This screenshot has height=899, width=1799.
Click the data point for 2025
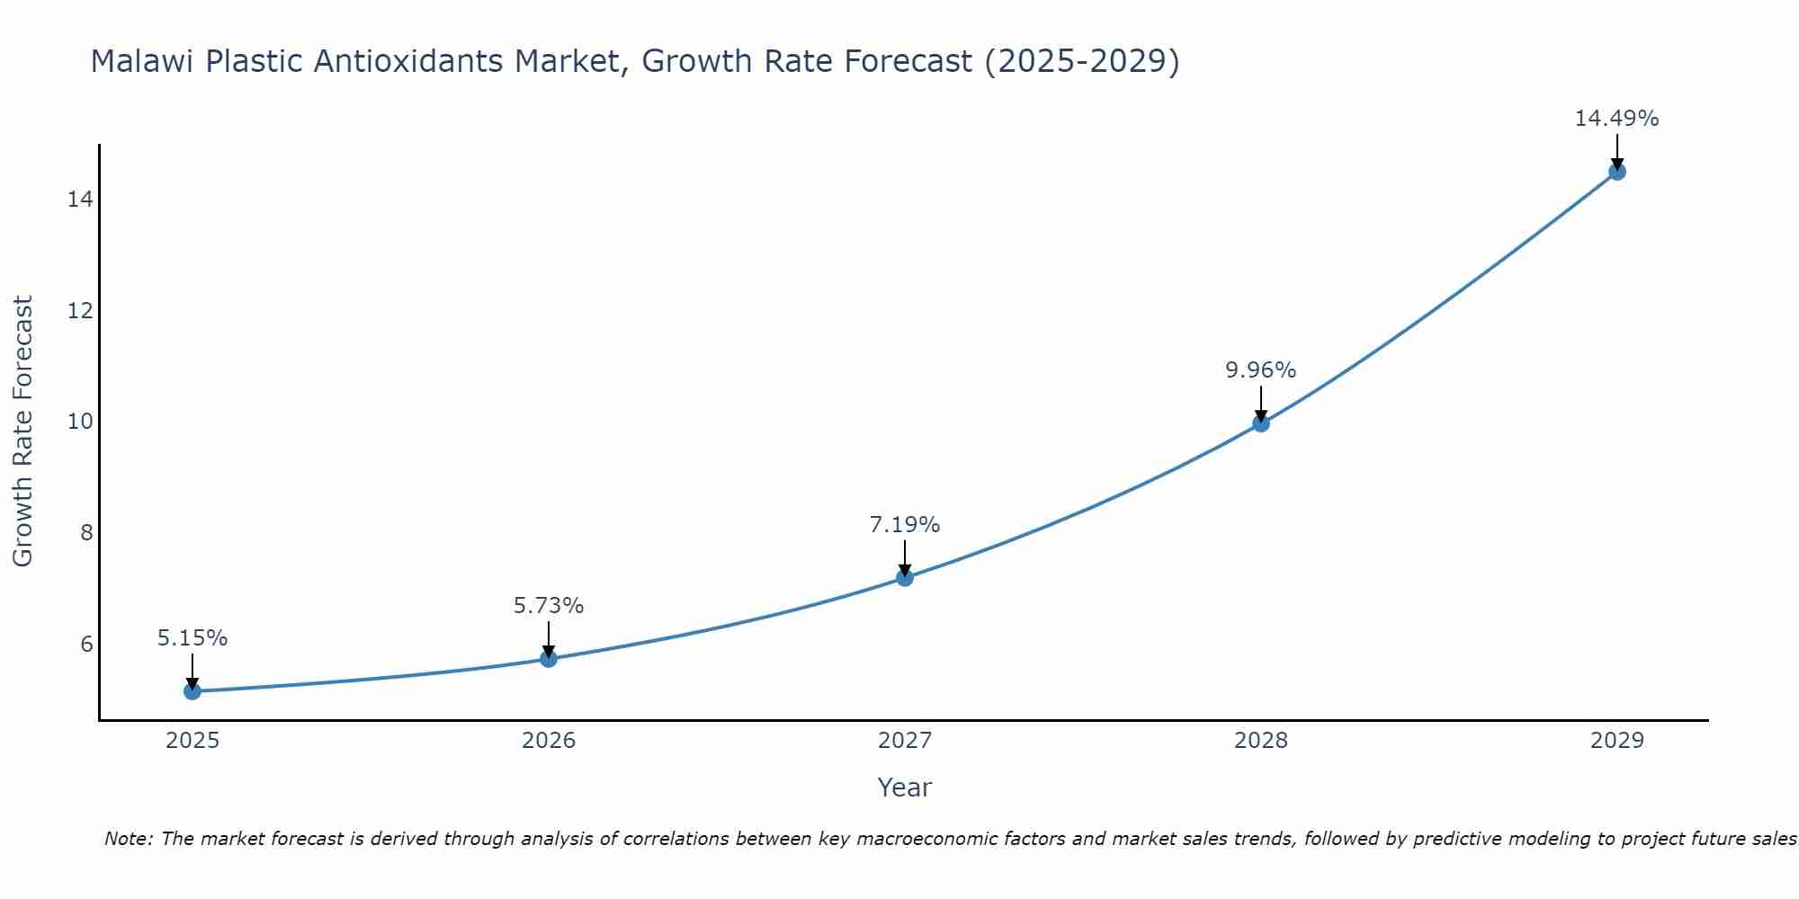(x=192, y=690)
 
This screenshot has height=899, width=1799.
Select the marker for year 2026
(x=549, y=658)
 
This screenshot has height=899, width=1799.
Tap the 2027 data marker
(x=905, y=577)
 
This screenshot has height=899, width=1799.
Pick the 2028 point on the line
(x=1261, y=423)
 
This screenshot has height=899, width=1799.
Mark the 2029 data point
(x=1616, y=172)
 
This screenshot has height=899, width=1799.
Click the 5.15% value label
(x=192, y=638)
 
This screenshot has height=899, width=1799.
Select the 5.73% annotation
(x=549, y=606)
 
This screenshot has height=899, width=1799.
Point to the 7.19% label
(x=905, y=525)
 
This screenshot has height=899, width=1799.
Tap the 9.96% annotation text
(x=1261, y=370)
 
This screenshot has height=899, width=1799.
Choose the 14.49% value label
(x=1616, y=119)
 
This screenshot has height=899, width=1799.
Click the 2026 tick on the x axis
(x=549, y=741)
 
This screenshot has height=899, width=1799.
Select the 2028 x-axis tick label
(x=1261, y=741)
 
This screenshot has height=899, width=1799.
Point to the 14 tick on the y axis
(x=80, y=200)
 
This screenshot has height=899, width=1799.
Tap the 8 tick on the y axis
(x=86, y=533)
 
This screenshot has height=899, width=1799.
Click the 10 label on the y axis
(x=80, y=422)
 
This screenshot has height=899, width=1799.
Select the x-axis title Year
(x=905, y=788)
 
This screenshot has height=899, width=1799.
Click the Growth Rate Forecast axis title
(x=23, y=432)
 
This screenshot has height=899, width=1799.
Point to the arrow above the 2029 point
(x=1616, y=151)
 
